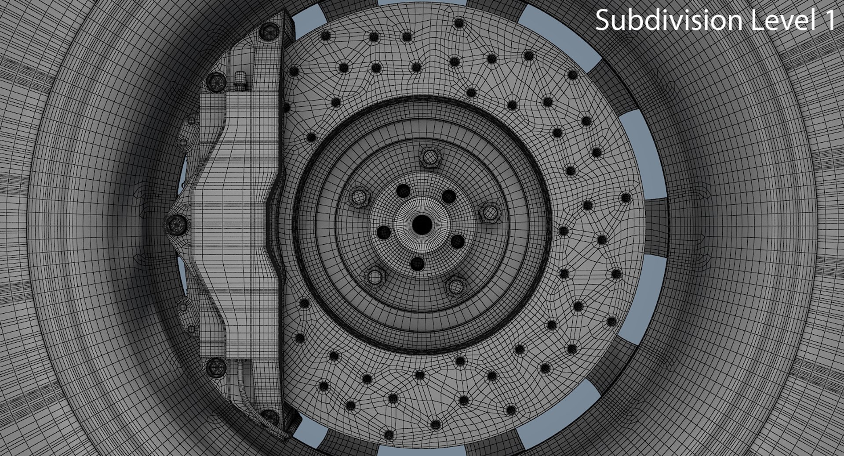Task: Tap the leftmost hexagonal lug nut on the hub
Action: click(359, 197)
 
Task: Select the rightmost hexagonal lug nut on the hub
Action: click(490, 213)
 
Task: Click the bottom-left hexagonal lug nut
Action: click(375, 277)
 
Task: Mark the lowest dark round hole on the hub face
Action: click(417, 264)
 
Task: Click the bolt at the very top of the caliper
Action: click(269, 30)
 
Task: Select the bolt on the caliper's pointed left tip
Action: click(177, 224)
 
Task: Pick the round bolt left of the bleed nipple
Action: click(216, 81)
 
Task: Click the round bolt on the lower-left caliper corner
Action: click(216, 366)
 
